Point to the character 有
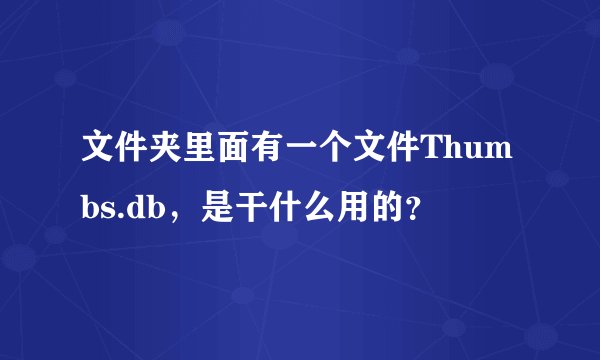pos(269,156)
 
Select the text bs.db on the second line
pos(120,207)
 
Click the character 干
pos(252,207)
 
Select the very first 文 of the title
pos(99,156)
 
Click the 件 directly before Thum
pos(405,156)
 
